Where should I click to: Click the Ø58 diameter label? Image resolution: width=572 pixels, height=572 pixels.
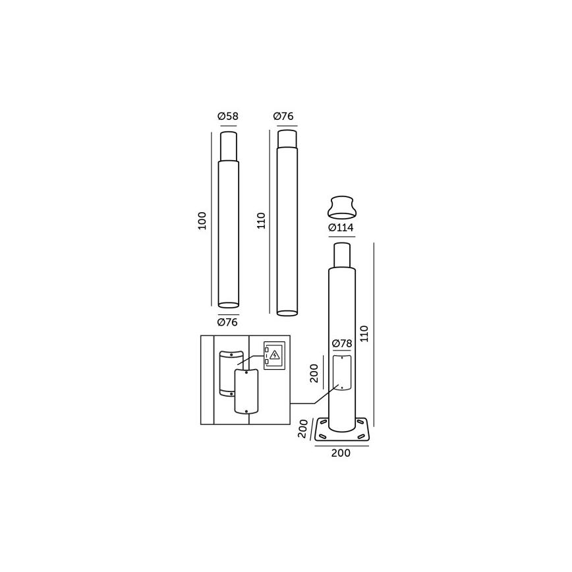(228, 117)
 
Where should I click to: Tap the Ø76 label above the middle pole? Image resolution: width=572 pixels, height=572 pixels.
(283, 117)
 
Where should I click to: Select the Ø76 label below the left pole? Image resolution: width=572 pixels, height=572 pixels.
(227, 322)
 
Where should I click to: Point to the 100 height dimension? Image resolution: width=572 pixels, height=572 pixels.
(202, 220)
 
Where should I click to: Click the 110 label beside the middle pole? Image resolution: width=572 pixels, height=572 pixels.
(261, 220)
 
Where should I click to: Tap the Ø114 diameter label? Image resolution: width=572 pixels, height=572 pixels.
(341, 228)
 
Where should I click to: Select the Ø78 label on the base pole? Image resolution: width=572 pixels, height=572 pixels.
(341, 343)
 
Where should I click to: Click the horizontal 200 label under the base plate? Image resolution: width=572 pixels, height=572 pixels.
(341, 453)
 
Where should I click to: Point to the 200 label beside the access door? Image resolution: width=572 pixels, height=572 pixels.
(314, 373)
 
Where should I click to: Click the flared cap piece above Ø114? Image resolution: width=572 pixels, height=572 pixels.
(341, 207)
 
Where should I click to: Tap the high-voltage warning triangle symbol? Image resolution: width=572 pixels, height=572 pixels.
(275, 355)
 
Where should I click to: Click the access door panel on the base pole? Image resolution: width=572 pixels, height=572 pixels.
(341, 373)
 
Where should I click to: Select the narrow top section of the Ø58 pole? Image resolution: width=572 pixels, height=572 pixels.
(228, 146)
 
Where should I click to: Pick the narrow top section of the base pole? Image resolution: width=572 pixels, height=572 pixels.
(341, 256)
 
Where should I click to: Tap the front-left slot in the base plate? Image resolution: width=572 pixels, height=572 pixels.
(322, 436)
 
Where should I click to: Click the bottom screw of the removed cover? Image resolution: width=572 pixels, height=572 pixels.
(246, 411)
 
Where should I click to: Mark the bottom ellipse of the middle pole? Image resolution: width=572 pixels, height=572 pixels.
(287, 313)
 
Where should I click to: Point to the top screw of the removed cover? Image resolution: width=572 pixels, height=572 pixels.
(246, 372)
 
